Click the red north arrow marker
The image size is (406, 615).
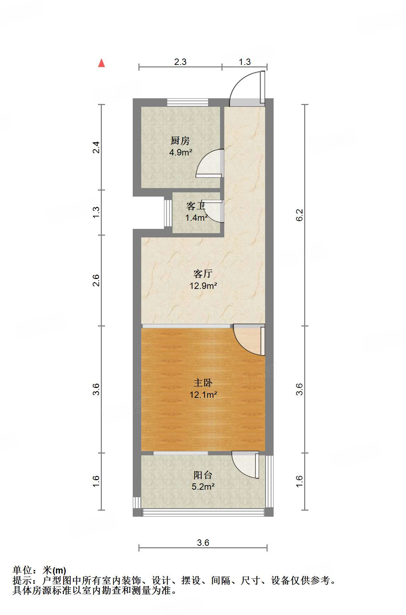click(102, 63)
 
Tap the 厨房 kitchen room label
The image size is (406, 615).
click(180, 141)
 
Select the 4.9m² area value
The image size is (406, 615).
click(181, 153)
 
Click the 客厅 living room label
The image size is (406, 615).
click(203, 274)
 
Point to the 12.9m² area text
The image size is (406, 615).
click(203, 285)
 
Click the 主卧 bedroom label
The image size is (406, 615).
click(203, 383)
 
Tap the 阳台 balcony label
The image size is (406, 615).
click(203, 475)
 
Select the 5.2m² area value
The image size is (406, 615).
click(203, 487)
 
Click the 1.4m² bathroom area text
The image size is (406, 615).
click(196, 218)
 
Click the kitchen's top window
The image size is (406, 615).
click(188, 102)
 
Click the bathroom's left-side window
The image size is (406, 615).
click(168, 213)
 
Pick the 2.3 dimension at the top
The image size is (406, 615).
click(180, 62)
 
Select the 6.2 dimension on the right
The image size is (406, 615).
click(300, 215)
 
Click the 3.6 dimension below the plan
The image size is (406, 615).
click(203, 543)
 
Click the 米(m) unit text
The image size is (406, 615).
click(54, 570)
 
